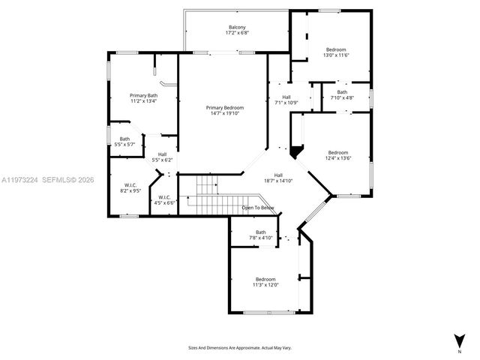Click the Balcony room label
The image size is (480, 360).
click(x=237, y=27)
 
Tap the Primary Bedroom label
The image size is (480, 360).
click(x=225, y=108)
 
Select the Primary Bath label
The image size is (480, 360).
click(x=143, y=95)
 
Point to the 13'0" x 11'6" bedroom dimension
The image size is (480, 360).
click(x=335, y=55)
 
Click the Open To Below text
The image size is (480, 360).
click(x=257, y=207)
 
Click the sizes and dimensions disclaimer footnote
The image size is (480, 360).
click(x=239, y=348)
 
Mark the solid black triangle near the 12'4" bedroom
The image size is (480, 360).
click(x=297, y=152)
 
